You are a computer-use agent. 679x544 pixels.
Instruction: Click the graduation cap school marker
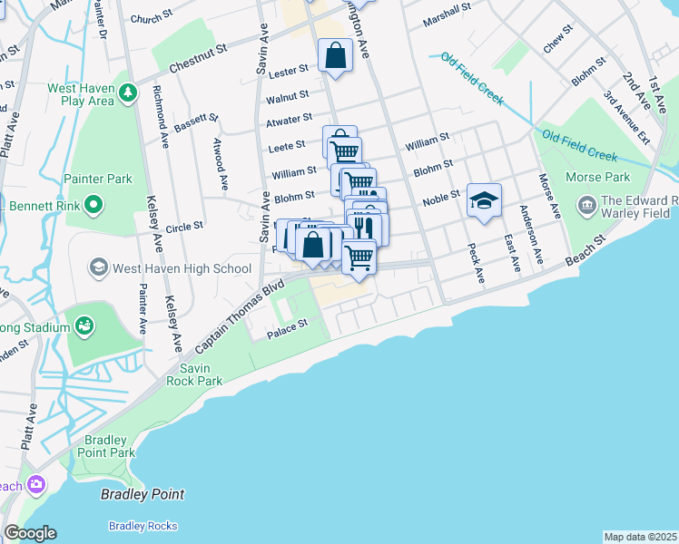point(484,199)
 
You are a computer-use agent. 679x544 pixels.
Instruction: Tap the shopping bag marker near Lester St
point(335,54)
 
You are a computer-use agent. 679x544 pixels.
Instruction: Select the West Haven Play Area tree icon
point(129,92)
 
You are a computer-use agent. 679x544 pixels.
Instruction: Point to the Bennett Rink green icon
point(93,206)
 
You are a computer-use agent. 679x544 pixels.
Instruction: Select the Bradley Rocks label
point(143,526)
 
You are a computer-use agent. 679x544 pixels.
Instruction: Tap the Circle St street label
point(184,226)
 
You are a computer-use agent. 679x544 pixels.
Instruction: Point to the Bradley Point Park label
point(109,446)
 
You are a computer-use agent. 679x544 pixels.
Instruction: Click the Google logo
point(30,533)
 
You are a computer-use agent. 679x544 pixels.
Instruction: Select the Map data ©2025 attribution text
point(640,537)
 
